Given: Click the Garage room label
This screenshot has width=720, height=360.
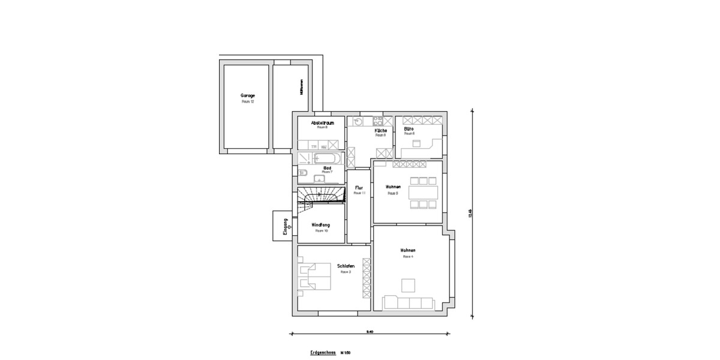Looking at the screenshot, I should click(248, 95).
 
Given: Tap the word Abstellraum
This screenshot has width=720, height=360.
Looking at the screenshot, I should click(322, 122).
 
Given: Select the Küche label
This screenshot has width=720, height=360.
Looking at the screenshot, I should click(380, 130).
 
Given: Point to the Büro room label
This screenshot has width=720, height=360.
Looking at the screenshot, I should click(409, 128).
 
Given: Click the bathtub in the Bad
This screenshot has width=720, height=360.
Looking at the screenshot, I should click(328, 158).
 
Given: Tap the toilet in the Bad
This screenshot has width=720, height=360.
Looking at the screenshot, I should click(303, 174).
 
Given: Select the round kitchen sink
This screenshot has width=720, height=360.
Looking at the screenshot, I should click(358, 122).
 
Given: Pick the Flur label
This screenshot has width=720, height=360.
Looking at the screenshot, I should click(359, 188).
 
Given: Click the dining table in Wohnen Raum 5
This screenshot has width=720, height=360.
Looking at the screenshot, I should click(423, 193).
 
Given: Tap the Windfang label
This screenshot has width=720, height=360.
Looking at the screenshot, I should click(321, 225).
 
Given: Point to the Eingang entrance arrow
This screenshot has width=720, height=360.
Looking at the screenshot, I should click(290, 227).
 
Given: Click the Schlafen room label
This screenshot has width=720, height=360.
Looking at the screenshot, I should click(346, 266).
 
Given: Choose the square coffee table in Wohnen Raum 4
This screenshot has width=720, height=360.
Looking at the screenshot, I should click(409, 285).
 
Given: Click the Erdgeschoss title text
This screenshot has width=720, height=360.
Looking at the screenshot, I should click(323, 353).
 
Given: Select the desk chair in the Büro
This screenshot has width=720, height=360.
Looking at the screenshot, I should click(417, 143).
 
